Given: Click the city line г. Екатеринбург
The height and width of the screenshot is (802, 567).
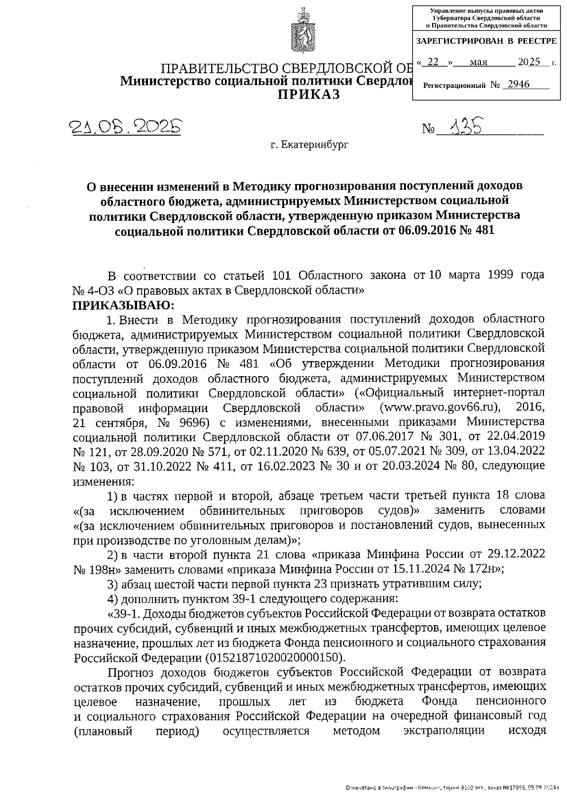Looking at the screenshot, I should tap(309, 145).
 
